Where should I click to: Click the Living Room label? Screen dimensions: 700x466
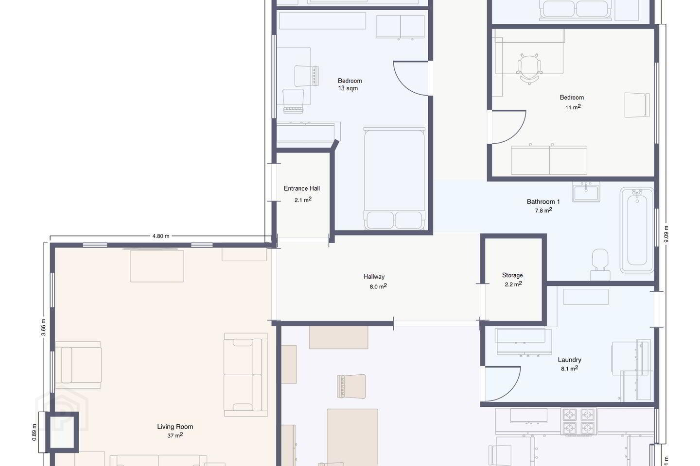[x=175, y=426]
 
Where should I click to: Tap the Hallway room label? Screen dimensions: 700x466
[x=374, y=277]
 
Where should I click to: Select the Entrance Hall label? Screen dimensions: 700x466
[x=301, y=188]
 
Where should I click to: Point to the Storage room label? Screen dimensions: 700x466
[x=512, y=275]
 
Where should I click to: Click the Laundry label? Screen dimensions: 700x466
[x=569, y=360]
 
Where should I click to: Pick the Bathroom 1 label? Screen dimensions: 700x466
[x=543, y=201]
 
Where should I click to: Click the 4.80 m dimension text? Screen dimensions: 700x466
[x=161, y=236]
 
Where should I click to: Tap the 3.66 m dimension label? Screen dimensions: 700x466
[x=43, y=328]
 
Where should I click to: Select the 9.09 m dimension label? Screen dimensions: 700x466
[x=666, y=234]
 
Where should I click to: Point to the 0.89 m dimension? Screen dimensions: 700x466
[x=35, y=433]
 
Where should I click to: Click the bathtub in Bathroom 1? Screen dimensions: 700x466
[x=637, y=230]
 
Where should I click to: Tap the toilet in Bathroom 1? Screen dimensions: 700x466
[x=600, y=265]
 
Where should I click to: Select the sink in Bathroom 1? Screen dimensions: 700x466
[x=586, y=192]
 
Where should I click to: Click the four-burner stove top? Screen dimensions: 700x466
[x=578, y=421]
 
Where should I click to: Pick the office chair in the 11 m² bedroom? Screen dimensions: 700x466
[x=529, y=68]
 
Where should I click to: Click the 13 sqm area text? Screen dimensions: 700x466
[x=348, y=88]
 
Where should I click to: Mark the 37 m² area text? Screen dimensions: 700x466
[x=175, y=435]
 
